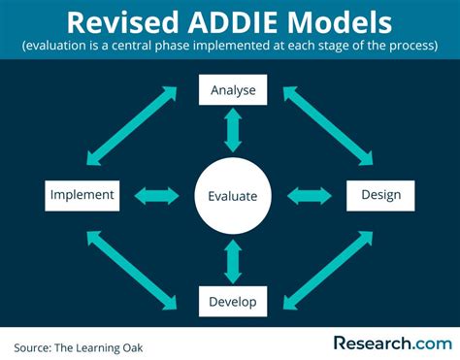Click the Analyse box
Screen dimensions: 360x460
click(233, 90)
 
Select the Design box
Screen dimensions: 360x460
click(380, 195)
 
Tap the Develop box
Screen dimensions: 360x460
click(233, 302)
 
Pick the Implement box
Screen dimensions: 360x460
click(82, 195)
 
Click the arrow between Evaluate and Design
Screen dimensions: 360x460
click(311, 195)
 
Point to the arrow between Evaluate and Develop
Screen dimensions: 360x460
click(233, 260)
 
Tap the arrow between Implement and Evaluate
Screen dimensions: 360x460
click(155, 195)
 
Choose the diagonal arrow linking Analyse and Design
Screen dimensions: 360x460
click(326, 124)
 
